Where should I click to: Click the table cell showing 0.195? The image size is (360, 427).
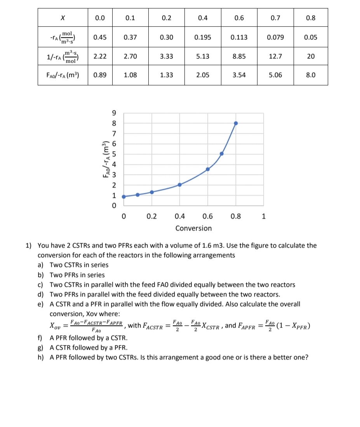[203, 37]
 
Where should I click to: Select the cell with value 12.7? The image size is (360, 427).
[275, 56]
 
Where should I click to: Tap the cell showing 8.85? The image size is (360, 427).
[239, 56]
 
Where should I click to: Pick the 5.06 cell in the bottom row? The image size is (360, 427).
[275, 75]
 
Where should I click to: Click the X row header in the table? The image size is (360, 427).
[63, 18]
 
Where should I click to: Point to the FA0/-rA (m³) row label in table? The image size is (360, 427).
[63, 75]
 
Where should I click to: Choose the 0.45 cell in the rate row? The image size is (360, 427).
[100, 37]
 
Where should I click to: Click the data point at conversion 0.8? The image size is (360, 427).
[236, 123]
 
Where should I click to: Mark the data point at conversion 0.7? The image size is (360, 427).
[222, 153]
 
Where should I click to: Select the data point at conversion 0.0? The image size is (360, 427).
[124, 197]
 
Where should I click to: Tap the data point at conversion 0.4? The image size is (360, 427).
[180, 185]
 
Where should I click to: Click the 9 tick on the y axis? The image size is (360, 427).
[114, 113]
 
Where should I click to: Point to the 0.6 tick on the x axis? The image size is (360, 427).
[208, 216]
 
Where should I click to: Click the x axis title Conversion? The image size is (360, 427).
[193, 228]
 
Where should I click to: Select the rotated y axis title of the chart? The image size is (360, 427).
[104, 159]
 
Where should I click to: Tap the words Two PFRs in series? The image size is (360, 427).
[77, 275]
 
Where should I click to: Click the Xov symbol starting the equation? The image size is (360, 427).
[55, 326]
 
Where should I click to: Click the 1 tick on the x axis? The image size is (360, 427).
[264, 216]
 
